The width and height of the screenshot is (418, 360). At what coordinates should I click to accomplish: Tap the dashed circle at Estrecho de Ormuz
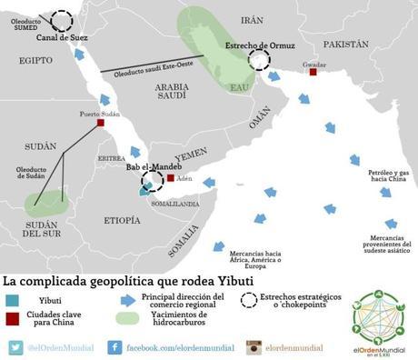[x=260, y=60]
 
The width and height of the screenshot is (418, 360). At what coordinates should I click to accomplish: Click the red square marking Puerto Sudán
[x=101, y=123]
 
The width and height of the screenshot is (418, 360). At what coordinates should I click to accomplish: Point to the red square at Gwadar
[x=313, y=71]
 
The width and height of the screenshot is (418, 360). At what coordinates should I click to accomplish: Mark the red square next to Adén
[x=170, y=178]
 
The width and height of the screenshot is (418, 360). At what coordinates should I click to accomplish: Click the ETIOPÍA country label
[x=122, y=220]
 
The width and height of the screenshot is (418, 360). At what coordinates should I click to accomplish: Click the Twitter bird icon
[x=16, y=347]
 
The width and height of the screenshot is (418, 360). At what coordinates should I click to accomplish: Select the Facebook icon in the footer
[x=115, y=347]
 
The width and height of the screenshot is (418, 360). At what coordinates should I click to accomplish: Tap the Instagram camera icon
[x=254, y=347]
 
